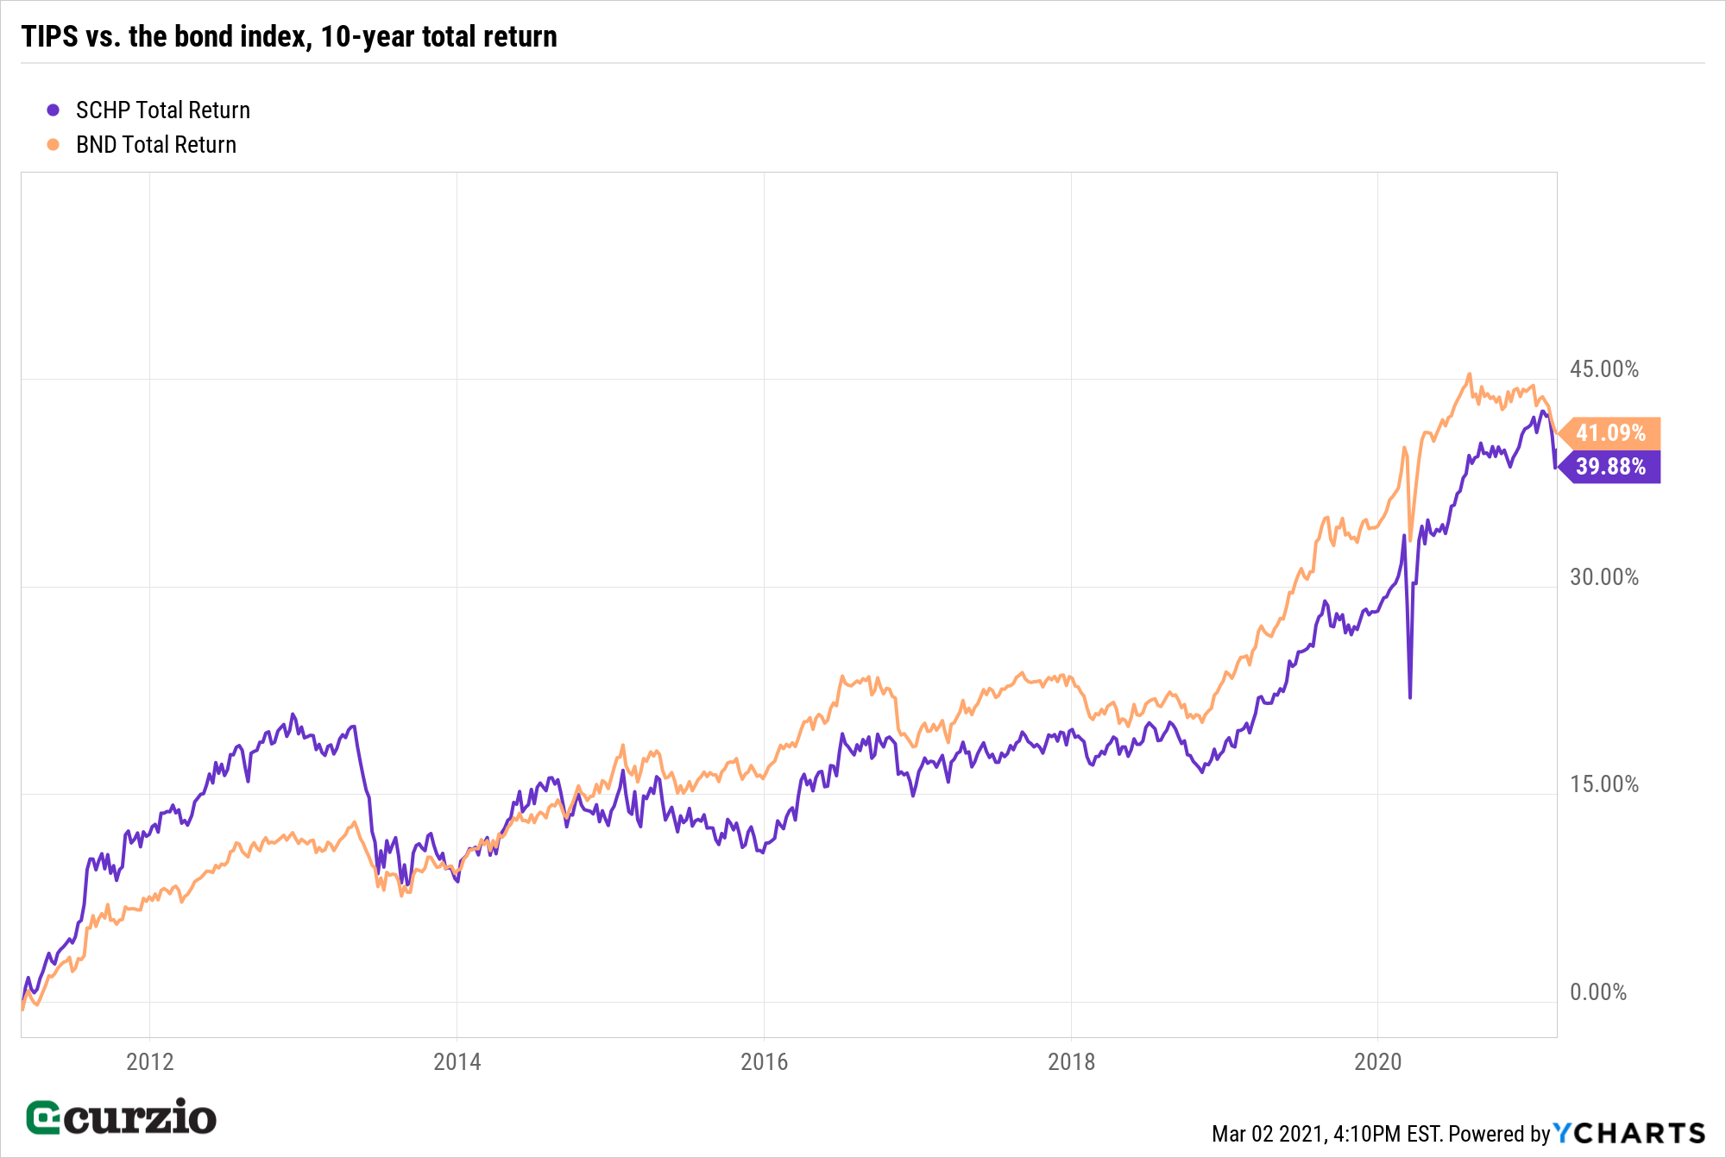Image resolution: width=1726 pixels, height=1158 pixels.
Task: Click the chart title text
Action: [289, 36]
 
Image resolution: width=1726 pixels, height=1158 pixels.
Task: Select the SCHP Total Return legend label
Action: [163, 110]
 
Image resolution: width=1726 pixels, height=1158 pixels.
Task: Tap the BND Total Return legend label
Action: [156, 145]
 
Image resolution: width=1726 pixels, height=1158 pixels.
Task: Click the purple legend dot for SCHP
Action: [54, 110]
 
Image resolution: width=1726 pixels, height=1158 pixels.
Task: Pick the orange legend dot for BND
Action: [54, 145]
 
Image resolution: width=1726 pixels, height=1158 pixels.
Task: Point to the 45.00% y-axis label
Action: [1603, 369]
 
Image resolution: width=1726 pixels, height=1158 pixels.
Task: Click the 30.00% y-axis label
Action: [1603, 577]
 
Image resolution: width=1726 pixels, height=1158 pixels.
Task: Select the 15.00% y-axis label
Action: [1603, 784]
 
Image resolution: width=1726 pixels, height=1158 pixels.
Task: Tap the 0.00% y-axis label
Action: [1597, 992]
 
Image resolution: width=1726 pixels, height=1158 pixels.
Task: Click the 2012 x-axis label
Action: [150, 1061]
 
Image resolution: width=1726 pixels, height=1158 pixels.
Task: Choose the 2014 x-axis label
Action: [457, 1061]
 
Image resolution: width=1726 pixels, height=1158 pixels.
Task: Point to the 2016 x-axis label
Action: [765, 1061]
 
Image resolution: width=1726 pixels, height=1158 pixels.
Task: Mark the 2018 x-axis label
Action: [1071, 1061]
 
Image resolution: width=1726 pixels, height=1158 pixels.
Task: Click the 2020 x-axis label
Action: [1378, 1061]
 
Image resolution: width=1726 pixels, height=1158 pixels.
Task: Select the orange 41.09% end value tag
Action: [1610, 433]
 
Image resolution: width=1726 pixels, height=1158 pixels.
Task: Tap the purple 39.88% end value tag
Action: [1610, 467]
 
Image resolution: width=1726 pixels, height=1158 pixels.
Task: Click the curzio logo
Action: [122, 1118]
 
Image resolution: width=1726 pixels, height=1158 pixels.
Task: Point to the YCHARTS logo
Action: [1629, 1133]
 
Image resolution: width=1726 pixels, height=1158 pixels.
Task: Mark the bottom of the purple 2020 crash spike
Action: [1410, 697]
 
